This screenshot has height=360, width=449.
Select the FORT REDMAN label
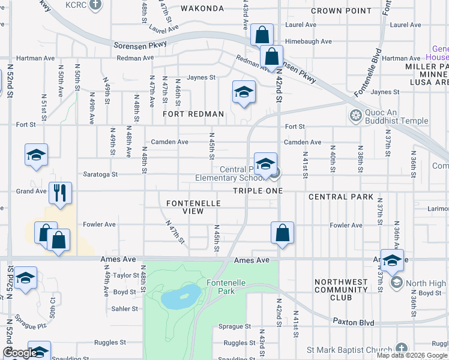pos(194,114)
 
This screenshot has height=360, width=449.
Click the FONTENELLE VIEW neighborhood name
pos(193,208)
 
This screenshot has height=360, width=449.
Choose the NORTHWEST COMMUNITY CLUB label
pos(341,289)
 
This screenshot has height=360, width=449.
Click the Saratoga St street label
pos(101,174)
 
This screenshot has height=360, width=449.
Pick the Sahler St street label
pos(125,308)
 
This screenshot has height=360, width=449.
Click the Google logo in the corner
pos(19,353)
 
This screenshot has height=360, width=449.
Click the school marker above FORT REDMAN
pos(244,92)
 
